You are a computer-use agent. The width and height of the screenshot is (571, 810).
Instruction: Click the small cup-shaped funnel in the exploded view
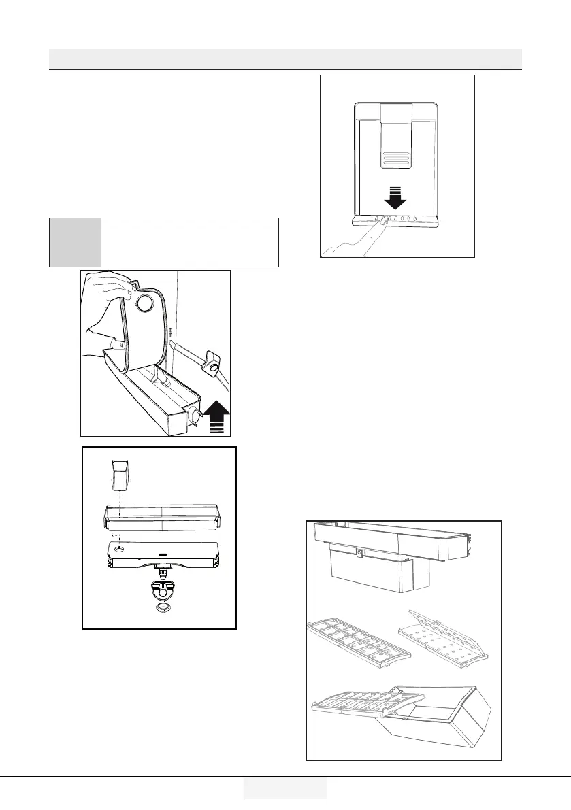pos(120,474)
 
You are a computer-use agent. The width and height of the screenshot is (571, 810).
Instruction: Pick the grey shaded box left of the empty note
pos(76,242)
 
